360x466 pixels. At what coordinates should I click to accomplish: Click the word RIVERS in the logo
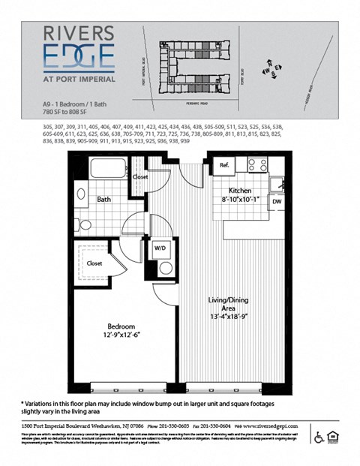click(x=78, y=33)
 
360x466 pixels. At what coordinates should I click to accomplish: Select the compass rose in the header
click(x=271, y=71)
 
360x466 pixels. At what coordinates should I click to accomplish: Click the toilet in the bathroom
click(x=84, y=224)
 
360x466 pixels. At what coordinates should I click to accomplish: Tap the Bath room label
click(x=104, y=200)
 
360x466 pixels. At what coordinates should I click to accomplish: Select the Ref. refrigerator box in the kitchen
click(x=223, y=164)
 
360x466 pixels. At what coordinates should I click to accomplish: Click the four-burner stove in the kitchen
click(x=258, y=164)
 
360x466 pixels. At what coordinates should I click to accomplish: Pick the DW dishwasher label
click(x=277, y=201)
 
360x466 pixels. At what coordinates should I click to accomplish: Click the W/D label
click(x=160, y=248)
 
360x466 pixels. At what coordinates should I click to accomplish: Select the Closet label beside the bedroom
click(x=94, y=263)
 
